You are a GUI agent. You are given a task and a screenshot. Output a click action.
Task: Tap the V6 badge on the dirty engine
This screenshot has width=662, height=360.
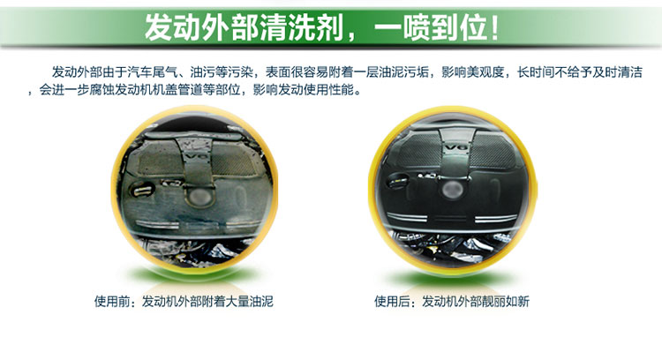195,156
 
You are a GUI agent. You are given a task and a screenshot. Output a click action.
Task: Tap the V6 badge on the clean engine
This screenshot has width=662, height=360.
457,147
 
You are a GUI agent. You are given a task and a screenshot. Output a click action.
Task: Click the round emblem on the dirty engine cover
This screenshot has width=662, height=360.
198,196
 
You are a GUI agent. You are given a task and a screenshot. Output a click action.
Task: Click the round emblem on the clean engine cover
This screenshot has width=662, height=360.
453,189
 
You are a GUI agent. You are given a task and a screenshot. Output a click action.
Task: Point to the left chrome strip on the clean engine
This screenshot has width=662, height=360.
407,217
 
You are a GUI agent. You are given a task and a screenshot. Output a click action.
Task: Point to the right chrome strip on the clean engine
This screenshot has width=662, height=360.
496,218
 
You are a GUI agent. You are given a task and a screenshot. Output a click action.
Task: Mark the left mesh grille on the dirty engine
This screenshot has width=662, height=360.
160,161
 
